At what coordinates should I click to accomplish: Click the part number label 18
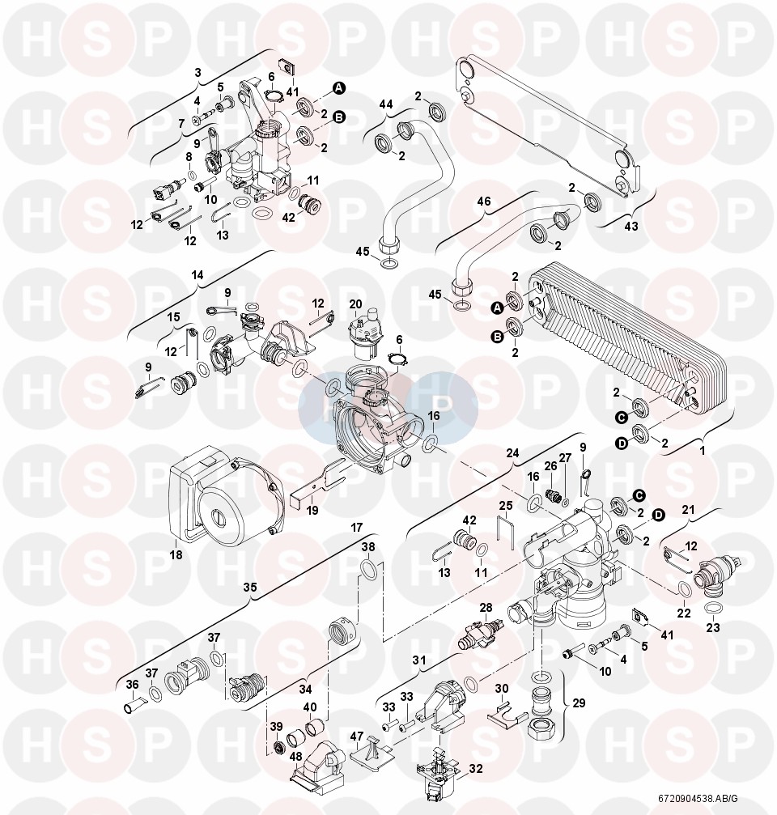tap(176, 554)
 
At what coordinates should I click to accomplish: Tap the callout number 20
tap(355, 304)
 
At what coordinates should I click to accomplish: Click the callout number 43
tap(631, 226)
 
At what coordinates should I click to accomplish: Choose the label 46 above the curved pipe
tap(483, 202)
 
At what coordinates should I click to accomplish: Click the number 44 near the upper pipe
tap(385, 104)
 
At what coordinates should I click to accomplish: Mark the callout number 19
tap(312, 511)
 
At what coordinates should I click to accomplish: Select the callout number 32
tap(476, 769)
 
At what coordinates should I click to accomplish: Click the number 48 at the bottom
tap(295, 757)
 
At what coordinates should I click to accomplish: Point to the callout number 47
tap(357, 736)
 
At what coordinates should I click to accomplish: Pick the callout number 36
tap(133, 685)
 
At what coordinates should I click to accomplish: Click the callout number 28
tap(486, 608)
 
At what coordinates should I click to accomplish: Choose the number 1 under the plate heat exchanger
tap(703, 451)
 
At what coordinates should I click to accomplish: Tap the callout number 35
tap(250, 587)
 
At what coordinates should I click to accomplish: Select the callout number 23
tap(712, 627)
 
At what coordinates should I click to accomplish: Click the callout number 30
tap(502, 689)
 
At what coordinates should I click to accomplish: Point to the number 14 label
tap(197, 275)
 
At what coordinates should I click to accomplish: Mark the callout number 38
tap(368, 547)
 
